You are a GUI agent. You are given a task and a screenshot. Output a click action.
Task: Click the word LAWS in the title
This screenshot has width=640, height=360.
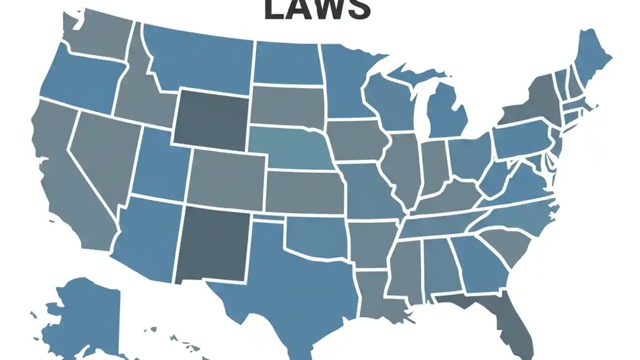[317, 9]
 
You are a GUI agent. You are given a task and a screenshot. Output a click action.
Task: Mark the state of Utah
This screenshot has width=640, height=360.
[160, 165]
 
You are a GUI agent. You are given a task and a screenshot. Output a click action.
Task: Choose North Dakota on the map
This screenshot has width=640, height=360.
[287, 63]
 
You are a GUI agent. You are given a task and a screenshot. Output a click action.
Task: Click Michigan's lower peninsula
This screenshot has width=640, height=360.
[447, 112]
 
